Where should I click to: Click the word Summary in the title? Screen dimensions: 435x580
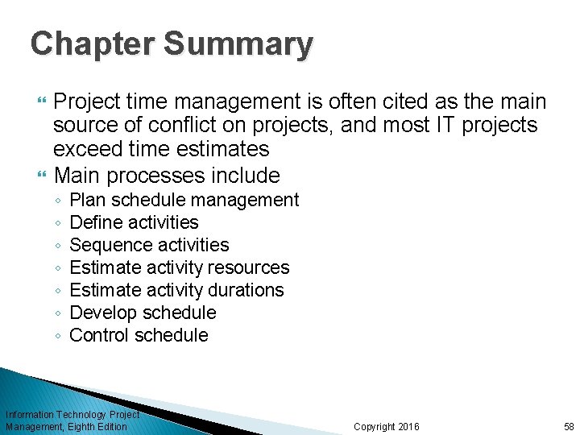[238, 43]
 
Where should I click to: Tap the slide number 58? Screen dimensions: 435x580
[569, 426]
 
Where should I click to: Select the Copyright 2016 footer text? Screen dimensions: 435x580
[386, 426]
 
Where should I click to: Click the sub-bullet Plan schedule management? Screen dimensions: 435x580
[184, 200]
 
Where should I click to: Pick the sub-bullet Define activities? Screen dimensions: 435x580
[134, 222]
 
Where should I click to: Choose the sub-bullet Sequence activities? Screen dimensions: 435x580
[149, 245]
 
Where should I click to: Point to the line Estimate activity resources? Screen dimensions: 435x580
[180, 267]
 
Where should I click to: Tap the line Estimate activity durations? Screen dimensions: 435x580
[176, 290]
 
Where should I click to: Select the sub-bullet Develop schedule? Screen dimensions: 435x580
[143, 313]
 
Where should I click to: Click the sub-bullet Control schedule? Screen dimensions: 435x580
[139, 335]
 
